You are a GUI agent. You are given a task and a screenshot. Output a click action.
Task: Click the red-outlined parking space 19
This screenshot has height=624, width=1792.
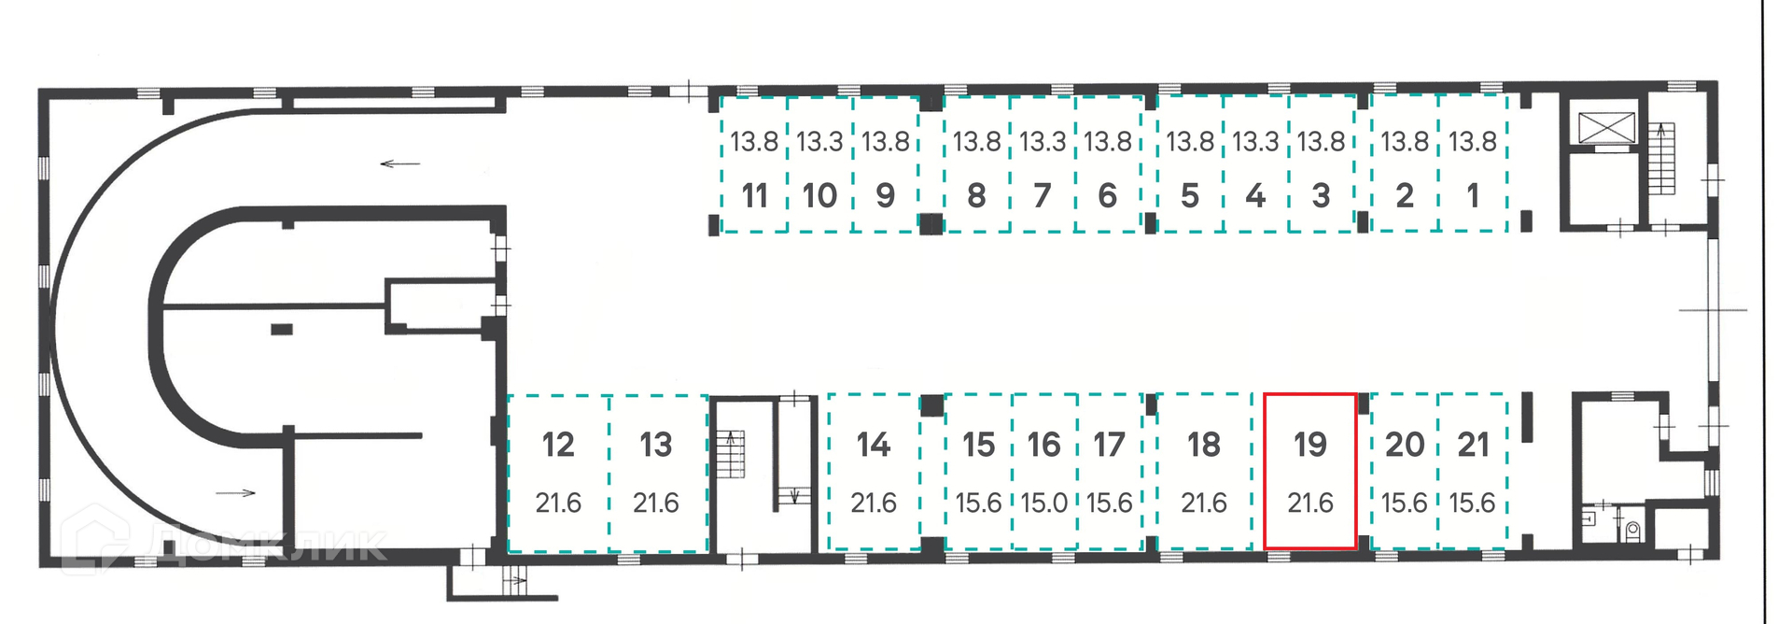click(x=1309, y=471)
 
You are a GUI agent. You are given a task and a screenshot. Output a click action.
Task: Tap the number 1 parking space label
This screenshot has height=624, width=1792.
click(x=1472, y=195)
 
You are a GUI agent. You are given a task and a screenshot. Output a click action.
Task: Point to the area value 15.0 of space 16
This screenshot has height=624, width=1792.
click(x=1043, y=503)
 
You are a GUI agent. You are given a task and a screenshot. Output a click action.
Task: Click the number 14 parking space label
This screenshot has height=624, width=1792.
click(x=874, y=445)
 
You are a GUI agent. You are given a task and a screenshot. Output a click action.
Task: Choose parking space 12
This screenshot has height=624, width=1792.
click(x=558, y=472)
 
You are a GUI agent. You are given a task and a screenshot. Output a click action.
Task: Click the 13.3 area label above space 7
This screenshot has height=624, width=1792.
click(x=1042, y=142)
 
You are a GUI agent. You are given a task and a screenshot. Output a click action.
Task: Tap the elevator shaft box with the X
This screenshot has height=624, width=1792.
click(x=1606, y=128)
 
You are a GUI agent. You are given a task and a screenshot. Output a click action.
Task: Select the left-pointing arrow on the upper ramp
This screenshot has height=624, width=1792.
click(x=400, y=164)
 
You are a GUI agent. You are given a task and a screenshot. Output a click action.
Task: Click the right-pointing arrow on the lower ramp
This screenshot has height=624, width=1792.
click(x=235, y=492)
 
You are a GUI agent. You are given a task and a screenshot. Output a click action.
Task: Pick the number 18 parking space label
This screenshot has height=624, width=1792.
click(x=1204, y=445)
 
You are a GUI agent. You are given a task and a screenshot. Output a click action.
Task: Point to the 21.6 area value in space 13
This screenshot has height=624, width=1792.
click(x=655, y=503)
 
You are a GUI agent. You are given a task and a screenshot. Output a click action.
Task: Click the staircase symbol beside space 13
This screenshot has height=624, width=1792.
click(x=731, y=454)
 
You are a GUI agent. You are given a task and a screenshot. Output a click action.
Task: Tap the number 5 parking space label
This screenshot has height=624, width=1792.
click(x=1189, y=195)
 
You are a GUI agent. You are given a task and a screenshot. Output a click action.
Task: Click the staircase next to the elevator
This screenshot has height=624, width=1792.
click(x=1662, y=159)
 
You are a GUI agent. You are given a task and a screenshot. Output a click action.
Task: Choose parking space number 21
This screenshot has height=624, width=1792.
click(x=1473, y=471)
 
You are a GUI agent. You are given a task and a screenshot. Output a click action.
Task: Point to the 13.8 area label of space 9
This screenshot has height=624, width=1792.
click(x=885, y=142)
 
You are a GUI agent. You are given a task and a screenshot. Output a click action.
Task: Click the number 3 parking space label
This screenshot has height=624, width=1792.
click(x=1321, y=195)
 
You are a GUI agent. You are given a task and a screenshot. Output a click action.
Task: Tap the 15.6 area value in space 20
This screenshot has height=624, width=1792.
click(x=1404, y=503)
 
